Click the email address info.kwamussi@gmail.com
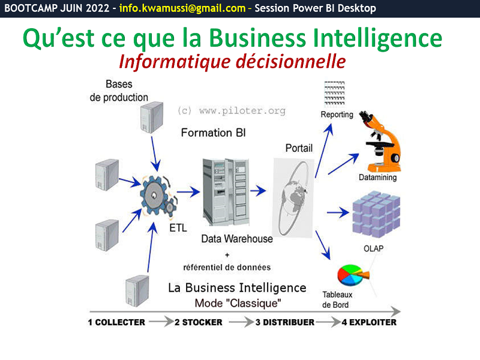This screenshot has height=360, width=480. [x=182, y=8]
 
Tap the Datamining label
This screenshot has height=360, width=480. [x=378, y=178]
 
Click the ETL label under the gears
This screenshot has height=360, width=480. [x=178, y=229]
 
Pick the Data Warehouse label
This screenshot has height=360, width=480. [x=237, y=239]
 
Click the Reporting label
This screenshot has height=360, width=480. [x=337, y=114]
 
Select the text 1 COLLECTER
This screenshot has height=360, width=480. [x=116, y=322]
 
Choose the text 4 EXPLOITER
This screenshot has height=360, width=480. [x=369, y=322]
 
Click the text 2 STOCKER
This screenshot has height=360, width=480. [x=199, y=322]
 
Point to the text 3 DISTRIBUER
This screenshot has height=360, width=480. [x=285, y=322]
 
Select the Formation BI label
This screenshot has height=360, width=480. [x=214, y=132]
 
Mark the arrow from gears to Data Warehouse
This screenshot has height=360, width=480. [x=189, y=192]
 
